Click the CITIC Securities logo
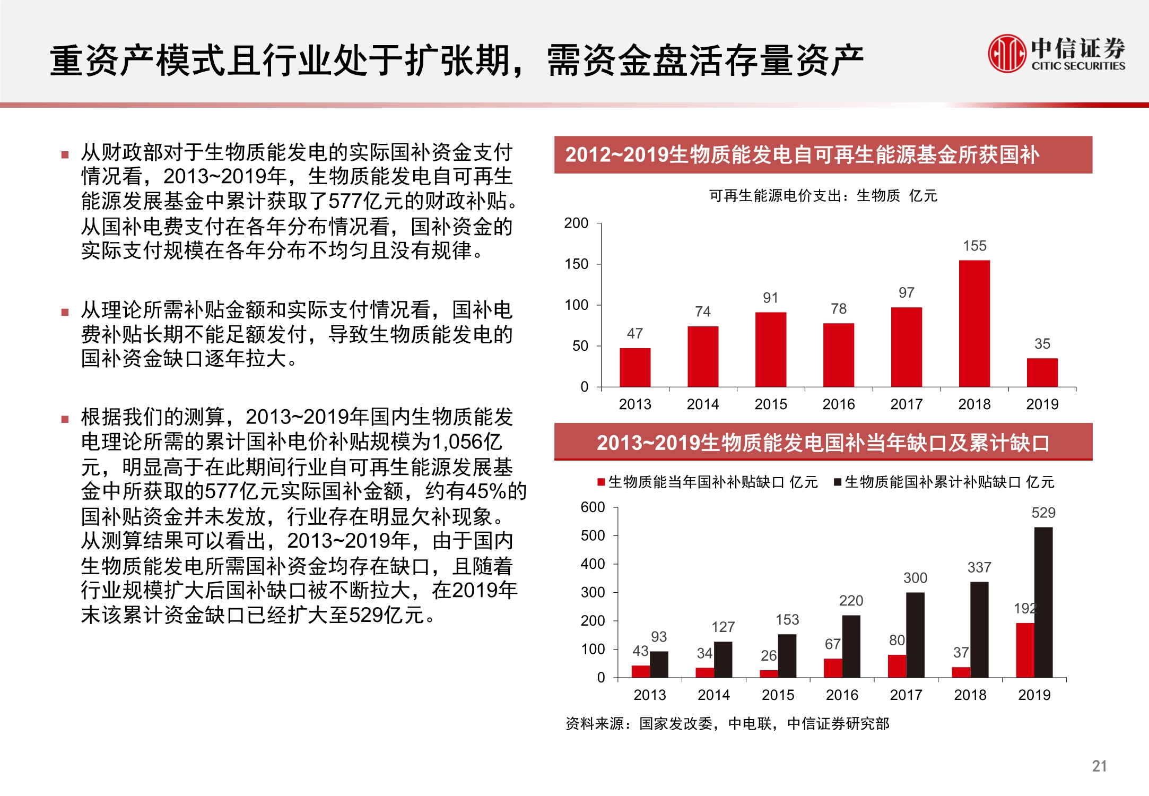[x=1056, y=53]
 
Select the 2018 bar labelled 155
[x=974, y=323]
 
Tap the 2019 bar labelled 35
[x=1042, y=373]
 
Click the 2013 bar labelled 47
[x=635, y=367]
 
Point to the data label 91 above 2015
[x=770, y=298]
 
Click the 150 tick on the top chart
[x=576, y=264]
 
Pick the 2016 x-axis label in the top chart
[x=838, y=404]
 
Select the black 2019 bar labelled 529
[x=1043, y=602]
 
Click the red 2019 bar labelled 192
[x=1025, y=650]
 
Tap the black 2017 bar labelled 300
[x=915, y=635]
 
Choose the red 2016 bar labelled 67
[x=832, y=668]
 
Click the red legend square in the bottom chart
[x=601, y=482]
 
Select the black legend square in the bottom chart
[x=838, y=482]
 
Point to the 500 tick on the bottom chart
[x=593, y=536]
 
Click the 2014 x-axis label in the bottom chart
[x=713, y=695]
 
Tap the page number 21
[x=1099, y=766]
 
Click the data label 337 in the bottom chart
[x=979, y=568]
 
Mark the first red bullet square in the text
[x=65, y=155]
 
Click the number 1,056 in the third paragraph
[x=457, y=442]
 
